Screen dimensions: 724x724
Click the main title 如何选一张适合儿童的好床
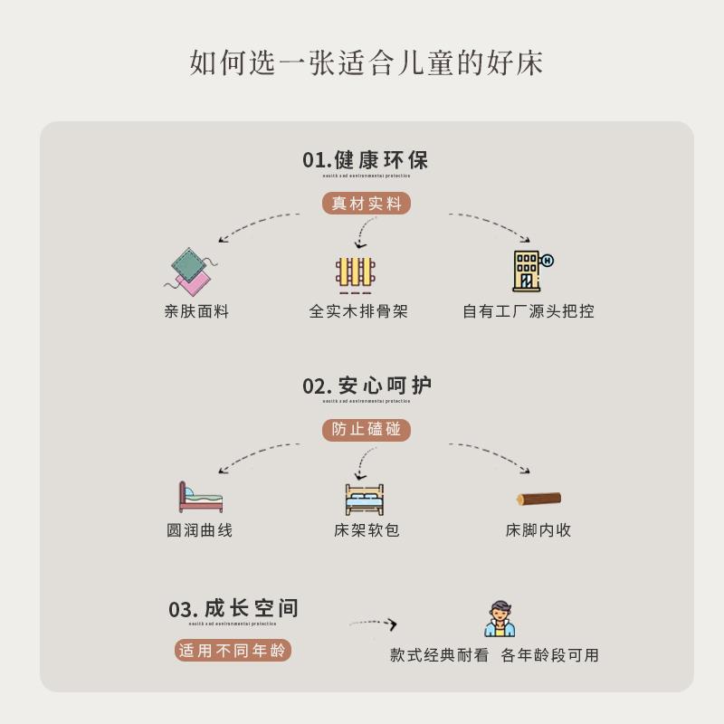(x=367, y=62)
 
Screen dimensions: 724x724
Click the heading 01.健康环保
(x=366, y=160)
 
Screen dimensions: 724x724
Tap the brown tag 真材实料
(x=366, y=204)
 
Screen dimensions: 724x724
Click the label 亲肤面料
(x=196, y=311)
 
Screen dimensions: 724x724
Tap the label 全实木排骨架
(x=358, y=311)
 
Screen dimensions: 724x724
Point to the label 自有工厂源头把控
(x=529, y=311)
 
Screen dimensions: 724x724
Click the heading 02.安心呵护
(x=367, y=386)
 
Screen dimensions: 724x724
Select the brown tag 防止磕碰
(x=366, y=430)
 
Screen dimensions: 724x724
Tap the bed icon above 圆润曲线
(x=200, y=497)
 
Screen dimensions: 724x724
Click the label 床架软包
(x=367, y=530)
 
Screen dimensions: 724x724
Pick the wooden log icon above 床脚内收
(x=538, y=498)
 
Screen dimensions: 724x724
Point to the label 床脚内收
(x=538, y=530)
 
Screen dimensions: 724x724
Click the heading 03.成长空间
(x=233, y=609)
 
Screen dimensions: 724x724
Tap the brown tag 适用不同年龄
(x=233, y=650)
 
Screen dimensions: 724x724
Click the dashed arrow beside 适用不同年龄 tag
(x=374, y=624)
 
